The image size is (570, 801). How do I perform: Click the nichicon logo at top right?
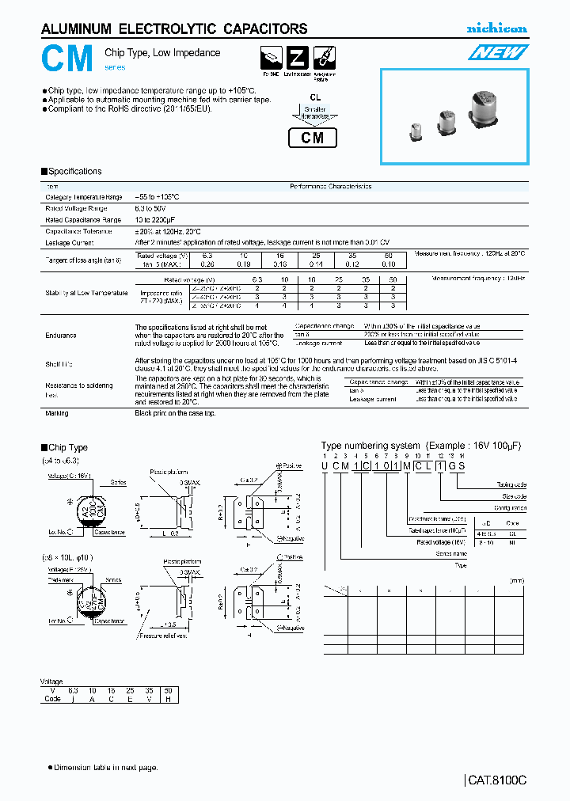(496, 28)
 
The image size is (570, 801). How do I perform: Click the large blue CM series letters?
(68, 59)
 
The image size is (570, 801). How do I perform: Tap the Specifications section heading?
(75, 172)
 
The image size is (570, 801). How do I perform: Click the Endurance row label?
(61, 336)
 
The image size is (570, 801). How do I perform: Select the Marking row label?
(57, 413)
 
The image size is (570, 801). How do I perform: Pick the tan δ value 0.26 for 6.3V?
(207, 264)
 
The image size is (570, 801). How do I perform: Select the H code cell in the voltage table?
(168, 698)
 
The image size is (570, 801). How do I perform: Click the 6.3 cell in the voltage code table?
(73, 690)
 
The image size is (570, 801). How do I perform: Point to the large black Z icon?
(297, 59)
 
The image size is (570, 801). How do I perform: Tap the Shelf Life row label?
(59, 364)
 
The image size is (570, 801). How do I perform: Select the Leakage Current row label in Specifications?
(70, 243)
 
